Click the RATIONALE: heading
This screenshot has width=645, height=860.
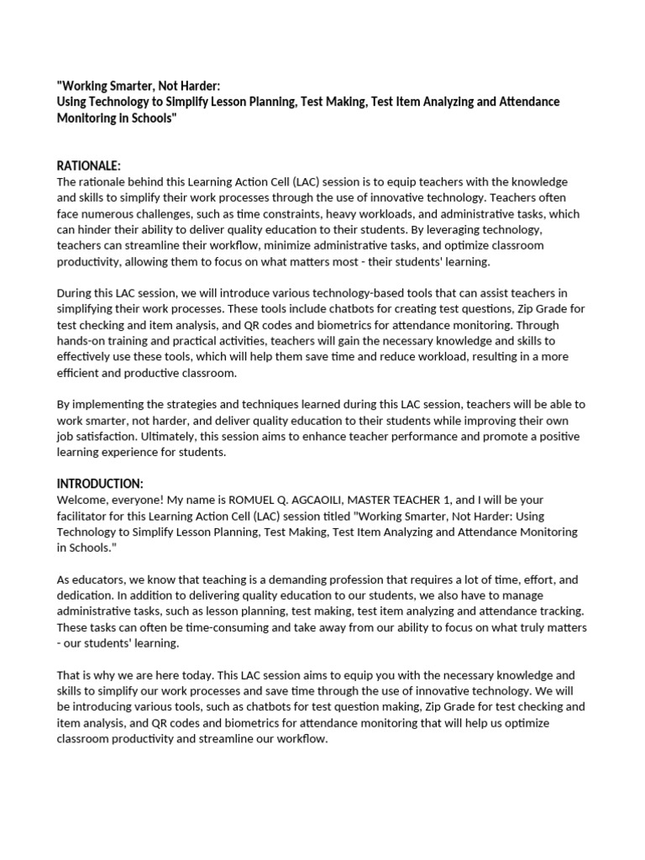pyautogui.click(x=88, y=166)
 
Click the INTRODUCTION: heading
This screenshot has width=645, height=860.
pyautogui.click(x=100, y=484)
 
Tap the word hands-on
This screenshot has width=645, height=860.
pyautogui.click(x=83, y=341)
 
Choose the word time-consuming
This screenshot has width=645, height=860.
pyautogui.click(x=231, y=627)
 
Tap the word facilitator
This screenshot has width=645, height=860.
pyautogui.click(x=86, y=516)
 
